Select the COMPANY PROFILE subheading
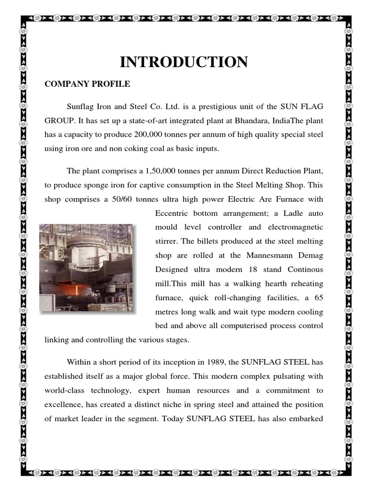[87, 84]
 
